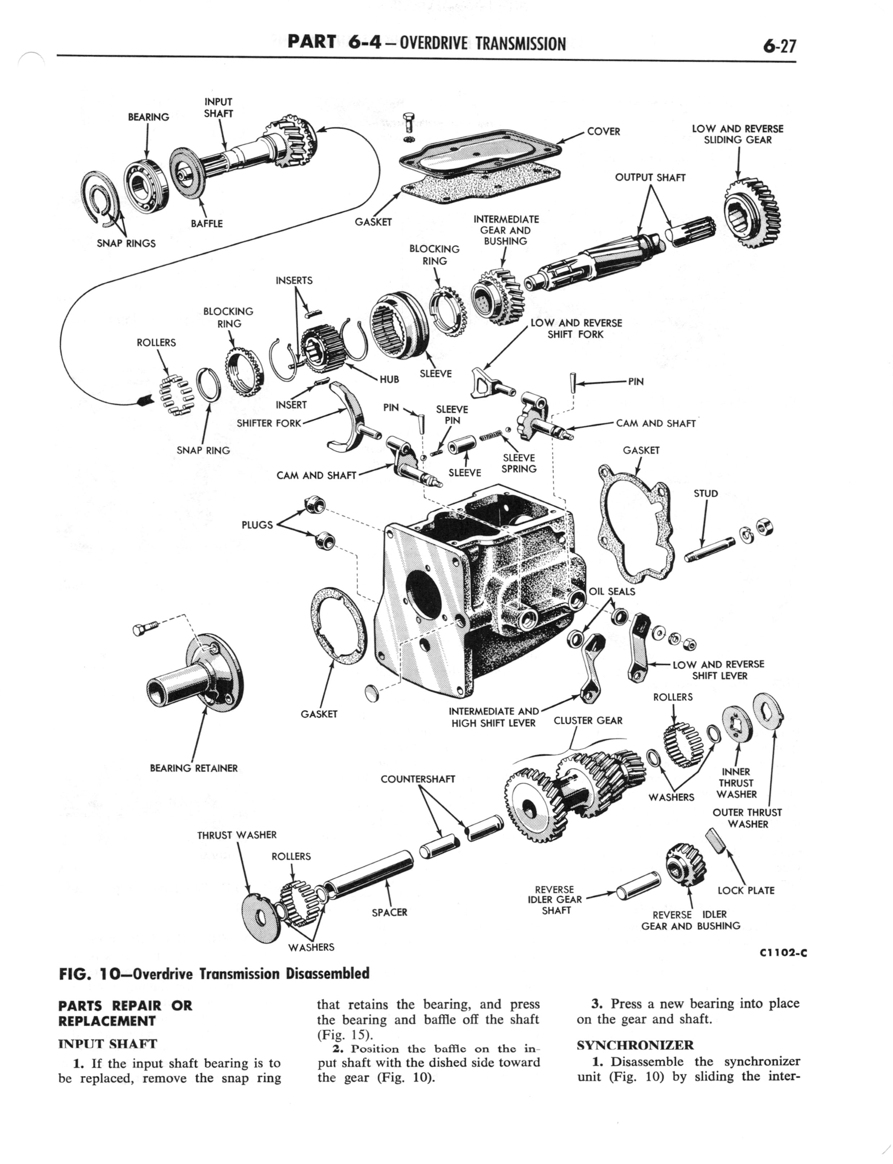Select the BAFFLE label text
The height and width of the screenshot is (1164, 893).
pyautogui.click(x=207, y=223)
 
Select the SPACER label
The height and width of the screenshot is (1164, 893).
pyautogui.click(x=389, y=912)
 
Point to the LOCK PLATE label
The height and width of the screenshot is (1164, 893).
pyautogui.click(x=746, y=890)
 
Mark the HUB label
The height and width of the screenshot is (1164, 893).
pyautogui.click(x=389, y=379)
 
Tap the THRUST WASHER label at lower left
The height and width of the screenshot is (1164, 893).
pyautogui.click(x=237, y=835)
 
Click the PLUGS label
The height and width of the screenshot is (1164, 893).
pyautogui.click(x=257, y=525)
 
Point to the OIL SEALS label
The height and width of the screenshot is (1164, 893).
pyautogui.click(x=612, y=591)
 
